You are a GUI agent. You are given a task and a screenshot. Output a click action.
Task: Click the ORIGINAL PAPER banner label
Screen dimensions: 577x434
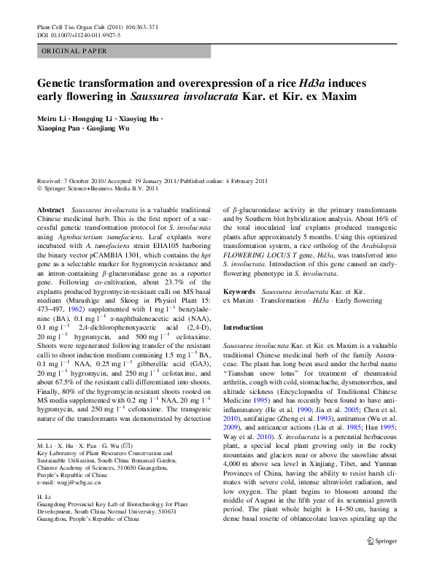tap(74, 51)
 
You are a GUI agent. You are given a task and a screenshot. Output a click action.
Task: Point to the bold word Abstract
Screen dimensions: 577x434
tap(50, 209)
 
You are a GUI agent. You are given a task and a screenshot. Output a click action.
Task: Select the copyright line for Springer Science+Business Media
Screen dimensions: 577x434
tap(97, 187)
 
